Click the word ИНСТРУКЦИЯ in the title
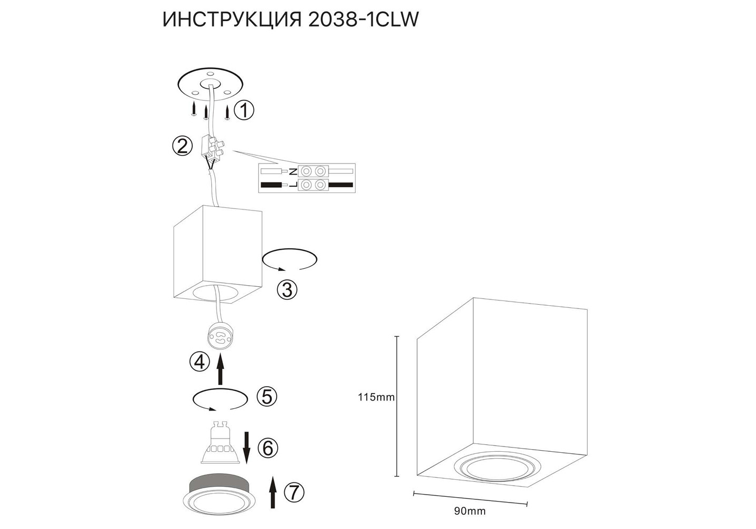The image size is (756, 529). pyautogui.click(x=232, y=20)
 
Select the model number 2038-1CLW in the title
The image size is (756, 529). pyautogui.click(x=363, y=20)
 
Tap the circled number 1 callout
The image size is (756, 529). pyautogui.click(x=244, y=110)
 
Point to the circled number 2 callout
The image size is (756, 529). pyautogui.click(x=183, y=146)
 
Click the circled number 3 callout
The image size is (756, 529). pyautogui.click(x=287, y=289)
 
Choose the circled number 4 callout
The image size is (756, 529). pyautogui.click(x=199, y=362)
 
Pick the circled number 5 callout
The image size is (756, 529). pyautogui.click(x=267, y=397)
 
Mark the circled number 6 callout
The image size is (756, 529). pyautogui.click(x=268, y=449)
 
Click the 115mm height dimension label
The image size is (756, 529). pyautogui.click(x=376, y=397)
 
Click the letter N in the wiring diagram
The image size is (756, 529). pyautogui.click(x=293, y=172)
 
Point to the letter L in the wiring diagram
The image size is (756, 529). pyautogui.click(x=293, y=185)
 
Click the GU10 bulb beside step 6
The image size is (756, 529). pyautogui.click(x=220, y=443)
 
